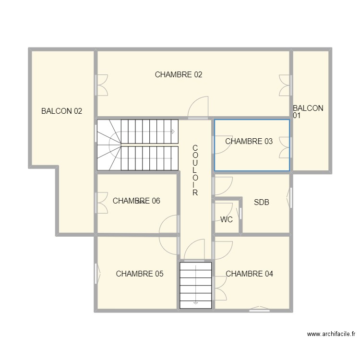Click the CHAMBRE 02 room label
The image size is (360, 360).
(x=178, y=74)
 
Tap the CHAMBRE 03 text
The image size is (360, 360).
(x=249, y=141)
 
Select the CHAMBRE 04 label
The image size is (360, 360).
(x=249, y=274)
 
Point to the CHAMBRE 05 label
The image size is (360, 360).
(x=139, y=274)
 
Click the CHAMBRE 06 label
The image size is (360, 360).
(x=136, y=201)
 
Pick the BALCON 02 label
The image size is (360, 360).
(x=61, y=111)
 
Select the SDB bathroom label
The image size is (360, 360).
(x=261, y=203)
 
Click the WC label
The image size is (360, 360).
(x=227, y=219)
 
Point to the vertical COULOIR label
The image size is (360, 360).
(x=195, y=170)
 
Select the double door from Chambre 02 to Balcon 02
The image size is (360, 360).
(x=101, y=85)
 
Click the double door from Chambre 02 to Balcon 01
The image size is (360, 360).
(x=286, y=85)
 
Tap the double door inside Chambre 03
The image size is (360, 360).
(x=286, y=147)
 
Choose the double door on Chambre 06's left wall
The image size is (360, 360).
(x=101, y=202)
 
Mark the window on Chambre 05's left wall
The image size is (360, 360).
(x=97, y=274)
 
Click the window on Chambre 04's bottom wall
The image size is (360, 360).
(x=260, y=309)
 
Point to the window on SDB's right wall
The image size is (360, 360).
(x=290, y=198)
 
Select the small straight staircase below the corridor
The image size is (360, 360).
(x=195, y=285)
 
